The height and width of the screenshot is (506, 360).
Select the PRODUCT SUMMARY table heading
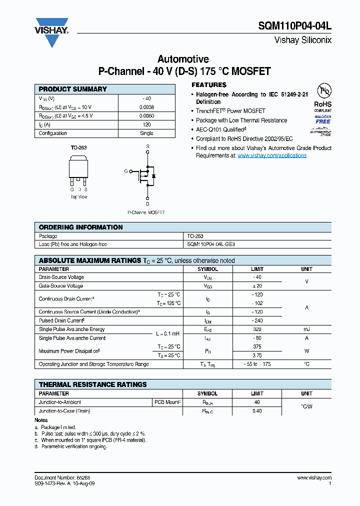[x=73, y=89]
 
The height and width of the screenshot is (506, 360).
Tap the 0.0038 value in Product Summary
[x=146, y=107]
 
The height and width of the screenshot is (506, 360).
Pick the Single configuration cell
[x=146, y=133]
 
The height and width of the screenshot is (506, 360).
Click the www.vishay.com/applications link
[x=272, y=155]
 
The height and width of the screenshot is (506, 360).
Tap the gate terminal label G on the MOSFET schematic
[x=126, y=171]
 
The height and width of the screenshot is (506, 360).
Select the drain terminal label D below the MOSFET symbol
[x=147, y=203]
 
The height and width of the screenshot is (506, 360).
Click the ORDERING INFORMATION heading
[x=80, y=227]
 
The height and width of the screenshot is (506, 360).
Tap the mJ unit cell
[x=306, y=329]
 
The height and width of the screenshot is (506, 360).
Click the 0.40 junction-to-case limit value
[x=257, y=411]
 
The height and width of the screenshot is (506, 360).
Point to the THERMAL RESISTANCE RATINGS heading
[x=93, y=384]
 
